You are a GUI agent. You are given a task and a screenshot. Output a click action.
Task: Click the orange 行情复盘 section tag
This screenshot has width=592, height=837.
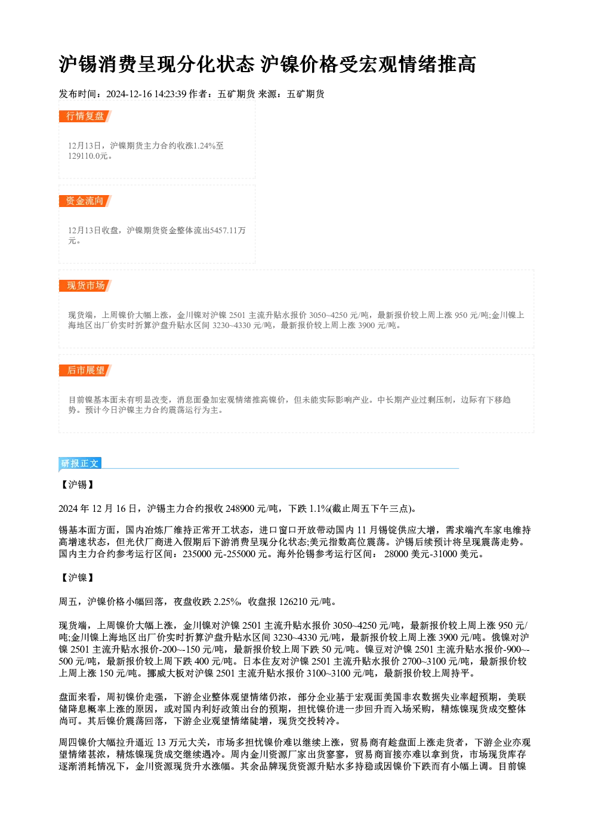[85, 116]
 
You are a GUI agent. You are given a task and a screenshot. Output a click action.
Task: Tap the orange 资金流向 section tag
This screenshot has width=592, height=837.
[85, 201]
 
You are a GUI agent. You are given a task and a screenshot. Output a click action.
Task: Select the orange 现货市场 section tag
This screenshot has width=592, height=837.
[85, 286]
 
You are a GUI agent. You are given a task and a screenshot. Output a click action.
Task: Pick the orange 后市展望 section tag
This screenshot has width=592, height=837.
[85, 370]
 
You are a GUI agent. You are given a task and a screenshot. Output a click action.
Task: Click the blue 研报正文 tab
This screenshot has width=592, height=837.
[80, 464]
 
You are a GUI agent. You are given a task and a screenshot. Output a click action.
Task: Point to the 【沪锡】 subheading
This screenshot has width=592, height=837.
[78, 485]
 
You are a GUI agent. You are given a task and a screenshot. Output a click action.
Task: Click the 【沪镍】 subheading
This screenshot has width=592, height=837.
[78, 577]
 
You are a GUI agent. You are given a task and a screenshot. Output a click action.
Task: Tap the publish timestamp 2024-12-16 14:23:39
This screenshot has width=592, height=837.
[146, 94]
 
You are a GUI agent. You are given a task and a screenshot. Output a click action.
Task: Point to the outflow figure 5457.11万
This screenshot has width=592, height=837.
[228, 230]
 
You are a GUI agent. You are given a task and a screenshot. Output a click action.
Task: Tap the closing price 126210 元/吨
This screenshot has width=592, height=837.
[305, 601]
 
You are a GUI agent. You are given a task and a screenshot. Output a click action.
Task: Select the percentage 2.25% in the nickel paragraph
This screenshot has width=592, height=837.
[226, 601]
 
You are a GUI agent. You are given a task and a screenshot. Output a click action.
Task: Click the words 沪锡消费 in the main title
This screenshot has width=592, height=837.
[98, 64]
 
